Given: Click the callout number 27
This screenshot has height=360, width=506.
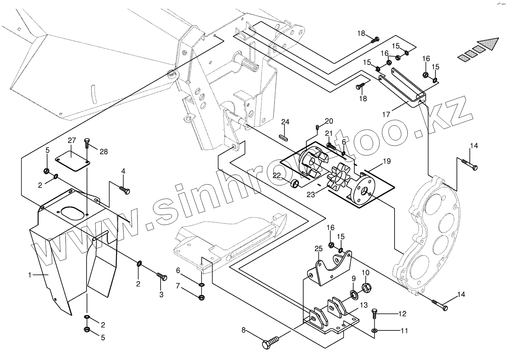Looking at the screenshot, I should pyautogui.click(x=71, y=141).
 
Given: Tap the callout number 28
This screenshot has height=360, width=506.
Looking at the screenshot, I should pyautogui.click(x=103, y=152).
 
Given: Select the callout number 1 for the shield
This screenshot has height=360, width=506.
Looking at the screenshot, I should pyautogui.click(x=30, y=275).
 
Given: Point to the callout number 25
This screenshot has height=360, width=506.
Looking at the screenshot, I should pyautogui.click(x=318, y=249).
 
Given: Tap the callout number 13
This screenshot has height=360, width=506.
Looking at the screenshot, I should pyautogui.click(x=364, y=305).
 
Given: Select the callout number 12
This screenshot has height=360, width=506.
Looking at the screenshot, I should pyautogui.click(x=402, y=313).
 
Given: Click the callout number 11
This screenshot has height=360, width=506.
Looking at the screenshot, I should pyautogui.click(x=404, y=331).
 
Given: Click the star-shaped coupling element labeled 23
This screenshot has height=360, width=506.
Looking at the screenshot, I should pyautogui.click(x=340, y=182).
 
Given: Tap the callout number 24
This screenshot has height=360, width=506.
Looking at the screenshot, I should pyautogui.click(x=285, y=122).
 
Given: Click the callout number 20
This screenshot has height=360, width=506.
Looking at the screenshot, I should pyautogui.click(x=329, y=121).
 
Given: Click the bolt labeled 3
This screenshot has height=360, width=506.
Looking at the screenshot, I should pyautogui.click(x=162, y=277).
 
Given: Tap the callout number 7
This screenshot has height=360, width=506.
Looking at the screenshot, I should pyautogui.click(x=178, y=286).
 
